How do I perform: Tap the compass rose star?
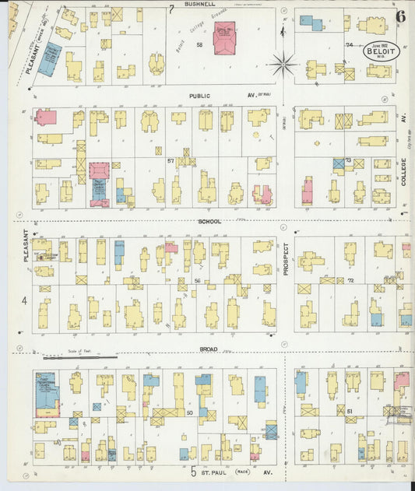click(285, 61)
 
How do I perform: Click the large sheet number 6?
click(400, 16)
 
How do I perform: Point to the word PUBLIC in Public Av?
click(200, 96)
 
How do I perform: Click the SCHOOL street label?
click(209, 222)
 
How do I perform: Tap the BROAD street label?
click(209, 349)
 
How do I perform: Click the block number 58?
click(199, 45)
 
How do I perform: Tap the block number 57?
click(170, 160)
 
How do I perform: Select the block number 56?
click(197, 280)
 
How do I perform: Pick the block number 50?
click(189, 413)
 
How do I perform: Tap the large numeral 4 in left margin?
click(24, 300)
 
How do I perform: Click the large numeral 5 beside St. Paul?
click(192, 472)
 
